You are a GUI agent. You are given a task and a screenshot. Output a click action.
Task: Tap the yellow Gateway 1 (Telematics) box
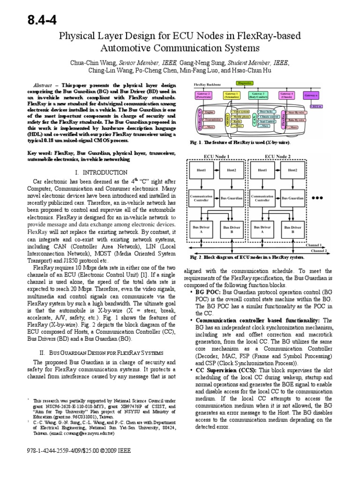click(x=232, y=96)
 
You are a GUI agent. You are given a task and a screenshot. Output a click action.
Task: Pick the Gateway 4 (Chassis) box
click(x=286, y=96)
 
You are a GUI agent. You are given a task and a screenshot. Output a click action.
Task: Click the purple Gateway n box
click(x=312, y=96)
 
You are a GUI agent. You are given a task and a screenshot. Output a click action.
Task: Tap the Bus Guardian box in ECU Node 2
click(x=293, y=198)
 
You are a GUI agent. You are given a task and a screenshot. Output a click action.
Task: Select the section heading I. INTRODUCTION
click(x=101, y=172)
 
